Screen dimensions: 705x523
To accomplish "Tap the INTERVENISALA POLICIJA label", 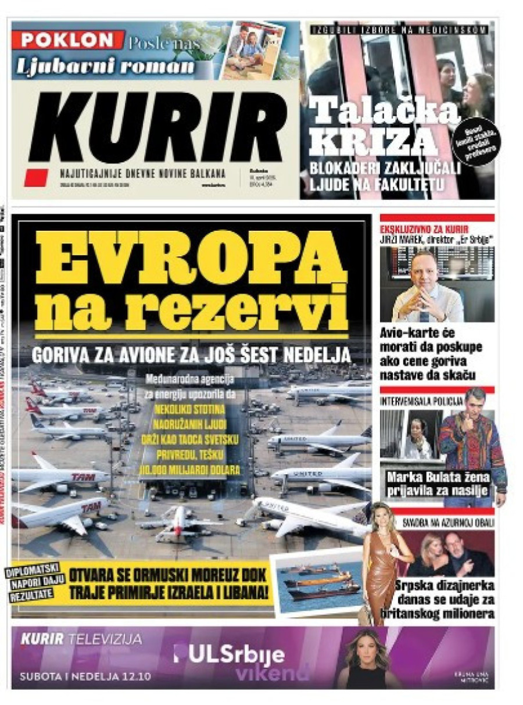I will coord(421,401).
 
